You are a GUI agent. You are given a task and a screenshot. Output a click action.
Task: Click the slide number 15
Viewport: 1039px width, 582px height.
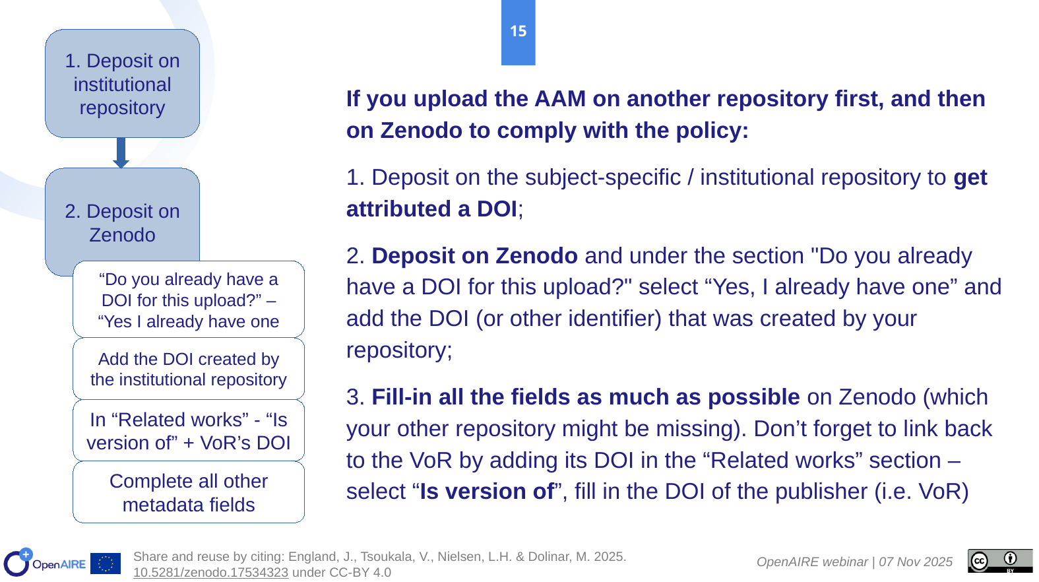(518, 31)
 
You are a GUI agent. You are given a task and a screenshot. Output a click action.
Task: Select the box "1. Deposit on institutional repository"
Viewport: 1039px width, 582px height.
(123, 84)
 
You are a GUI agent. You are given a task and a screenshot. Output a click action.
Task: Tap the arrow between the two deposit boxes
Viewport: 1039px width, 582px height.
(121, 152)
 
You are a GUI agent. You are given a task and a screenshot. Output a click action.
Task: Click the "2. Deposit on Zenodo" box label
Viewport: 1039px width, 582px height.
(123, 223)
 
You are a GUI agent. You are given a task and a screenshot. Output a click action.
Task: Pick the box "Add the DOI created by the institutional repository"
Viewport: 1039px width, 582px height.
(188, 369)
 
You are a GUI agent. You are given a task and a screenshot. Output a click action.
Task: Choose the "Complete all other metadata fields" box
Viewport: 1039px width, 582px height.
(188, 492)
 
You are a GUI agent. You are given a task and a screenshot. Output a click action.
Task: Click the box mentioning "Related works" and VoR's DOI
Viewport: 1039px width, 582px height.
(188, 431)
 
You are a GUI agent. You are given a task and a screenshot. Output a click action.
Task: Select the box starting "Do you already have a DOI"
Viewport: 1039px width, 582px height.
(188, 300)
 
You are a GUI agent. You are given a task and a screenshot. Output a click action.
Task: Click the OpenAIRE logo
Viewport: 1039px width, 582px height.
(45, 562)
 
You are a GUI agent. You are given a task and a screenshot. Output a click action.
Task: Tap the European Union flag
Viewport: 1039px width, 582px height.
(106, 564)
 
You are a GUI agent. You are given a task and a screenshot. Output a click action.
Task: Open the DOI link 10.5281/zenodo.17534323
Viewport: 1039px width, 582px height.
(210, 573)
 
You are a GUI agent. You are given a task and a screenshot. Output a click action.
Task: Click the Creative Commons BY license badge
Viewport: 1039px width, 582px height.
(999, 561)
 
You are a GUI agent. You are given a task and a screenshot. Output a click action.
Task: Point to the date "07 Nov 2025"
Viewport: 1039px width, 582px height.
(916, 562)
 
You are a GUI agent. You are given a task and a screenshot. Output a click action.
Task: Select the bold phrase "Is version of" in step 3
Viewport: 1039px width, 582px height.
(487, 492)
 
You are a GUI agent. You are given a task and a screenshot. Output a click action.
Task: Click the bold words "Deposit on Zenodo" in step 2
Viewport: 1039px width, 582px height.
(474, 256)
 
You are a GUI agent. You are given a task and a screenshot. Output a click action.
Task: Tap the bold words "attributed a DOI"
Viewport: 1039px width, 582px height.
(431, 209)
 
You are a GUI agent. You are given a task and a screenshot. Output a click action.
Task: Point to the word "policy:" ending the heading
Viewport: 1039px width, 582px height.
(712, 131)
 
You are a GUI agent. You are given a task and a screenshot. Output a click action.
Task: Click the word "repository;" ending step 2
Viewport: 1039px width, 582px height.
(399, 350)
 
